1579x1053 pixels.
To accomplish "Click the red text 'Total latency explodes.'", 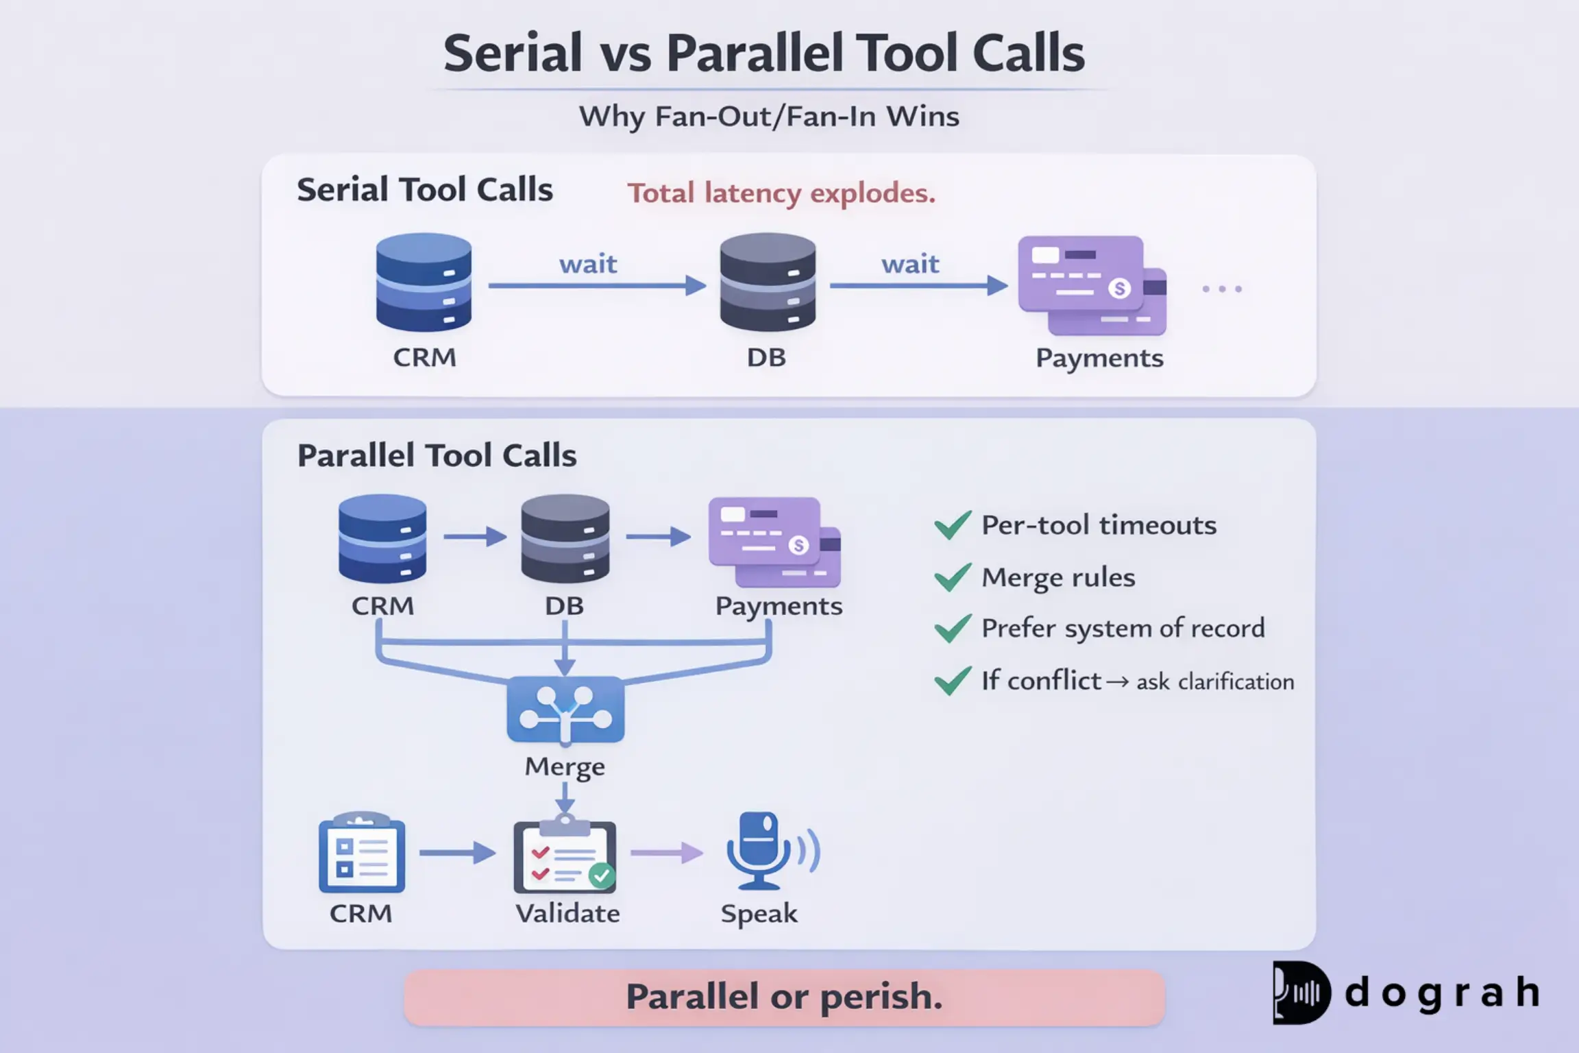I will tap(781, 193).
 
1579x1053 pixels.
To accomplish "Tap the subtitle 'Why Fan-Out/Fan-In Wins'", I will tap(769, 116).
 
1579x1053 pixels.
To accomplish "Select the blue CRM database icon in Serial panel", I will tap(424, 282).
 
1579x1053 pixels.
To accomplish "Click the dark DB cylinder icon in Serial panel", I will tap(768, 282).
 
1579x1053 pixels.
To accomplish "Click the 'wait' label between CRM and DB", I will tap(588, 264).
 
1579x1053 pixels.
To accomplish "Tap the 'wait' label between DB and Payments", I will tap(910, 264).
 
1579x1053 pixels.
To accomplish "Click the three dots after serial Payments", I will tap(1222, 289).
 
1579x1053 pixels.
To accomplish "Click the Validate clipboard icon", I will tap(565, 855).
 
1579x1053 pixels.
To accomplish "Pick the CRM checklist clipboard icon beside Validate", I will tap(362, 854).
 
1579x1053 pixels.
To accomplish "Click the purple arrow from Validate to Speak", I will tap(667, 853).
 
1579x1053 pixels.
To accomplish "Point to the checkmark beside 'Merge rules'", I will tap(953, 577).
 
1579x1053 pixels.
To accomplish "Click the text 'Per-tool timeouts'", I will tap(1099, 525).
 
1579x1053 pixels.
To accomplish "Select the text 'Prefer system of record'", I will tap(1123, 628).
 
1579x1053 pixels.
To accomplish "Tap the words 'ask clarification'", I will tap(1215, 682).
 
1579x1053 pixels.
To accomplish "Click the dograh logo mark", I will tap(1301, 993).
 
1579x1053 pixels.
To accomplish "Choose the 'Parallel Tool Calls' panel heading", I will tap(437, 456).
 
